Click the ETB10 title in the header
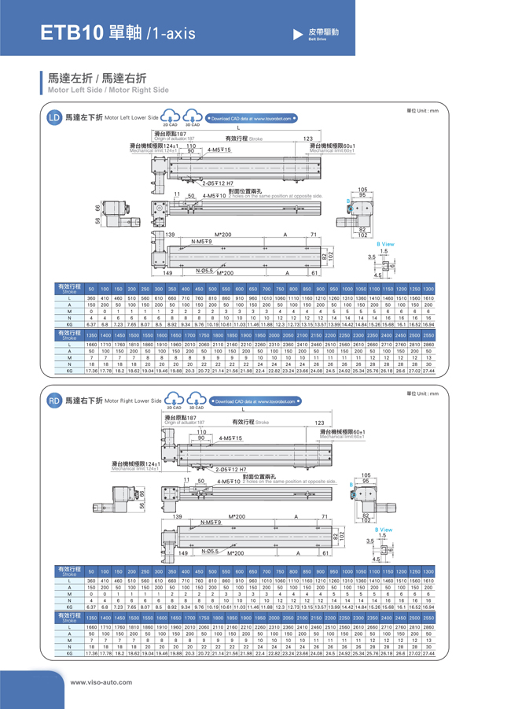tap(72, 32)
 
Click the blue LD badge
tap(53, 118)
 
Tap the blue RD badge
tap(54, 401)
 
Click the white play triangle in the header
tap(297, 34)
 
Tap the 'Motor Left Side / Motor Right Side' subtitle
tap(108, 90)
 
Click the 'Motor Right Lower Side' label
tap(133, 401)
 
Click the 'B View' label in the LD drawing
tap(385, 244)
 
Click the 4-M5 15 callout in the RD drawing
tap(230, 438)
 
